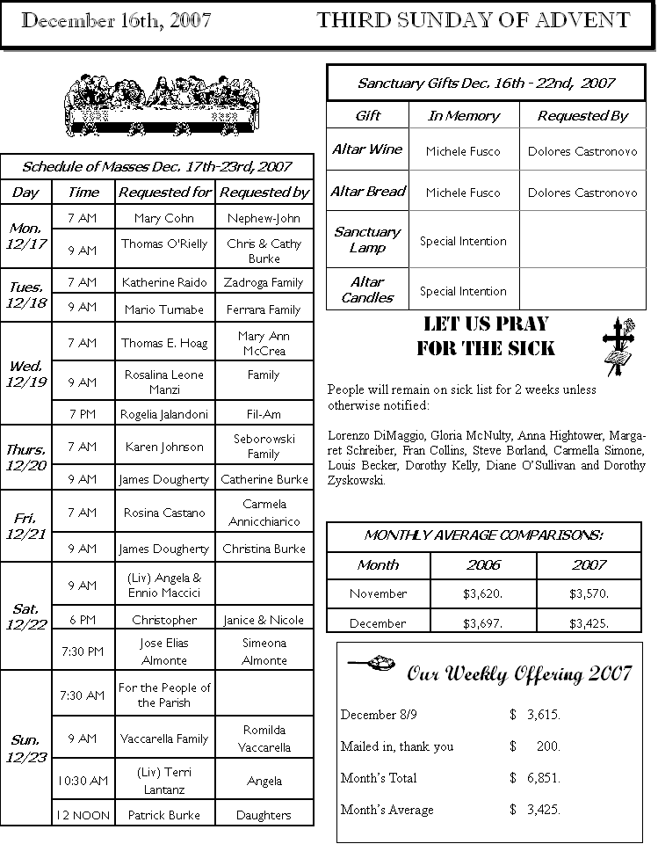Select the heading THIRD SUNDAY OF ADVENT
tap(473, 21)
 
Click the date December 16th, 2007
tap(116, 22)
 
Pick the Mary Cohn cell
tap(164, 218)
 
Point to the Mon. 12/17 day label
tap(27, 235)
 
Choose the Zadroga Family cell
tap(264, 282)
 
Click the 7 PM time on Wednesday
tap(83, 412)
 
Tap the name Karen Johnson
tap(164, 447)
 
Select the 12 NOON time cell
tap(83, 815)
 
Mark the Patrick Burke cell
tap(164, 815)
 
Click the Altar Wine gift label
tap(367, 149)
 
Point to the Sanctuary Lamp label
tap(367, 240)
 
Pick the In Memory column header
tap(464, 116)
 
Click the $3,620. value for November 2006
tap(483, 593)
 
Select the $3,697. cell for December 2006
tap(483, 623)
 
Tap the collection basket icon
tap(373, 662)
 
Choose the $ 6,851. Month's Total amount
tap(535, 778)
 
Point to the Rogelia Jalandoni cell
tap(164, 414)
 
